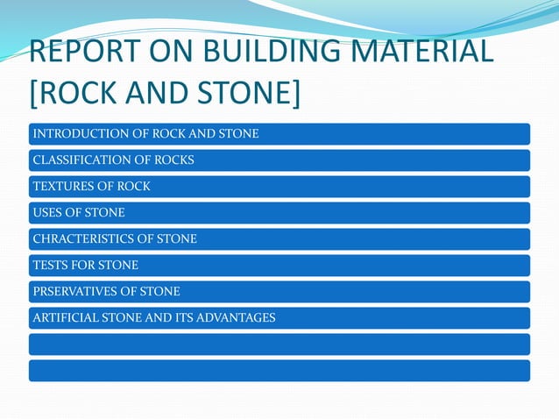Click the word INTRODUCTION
click(74, 134)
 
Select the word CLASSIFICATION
click(81, 160)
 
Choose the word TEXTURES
click(63, 187)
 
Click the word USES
click(47, 213)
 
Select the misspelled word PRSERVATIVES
click(77, 292)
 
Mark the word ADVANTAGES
click(237, 318)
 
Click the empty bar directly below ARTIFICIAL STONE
click(279, 344)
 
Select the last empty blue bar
click(279, 371)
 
